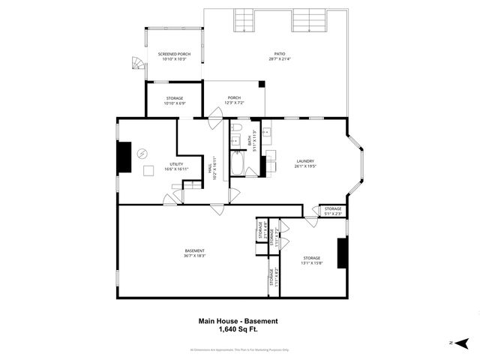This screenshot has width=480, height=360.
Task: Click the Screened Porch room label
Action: pos(174,57)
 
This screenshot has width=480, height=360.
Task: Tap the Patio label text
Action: pos(279,56)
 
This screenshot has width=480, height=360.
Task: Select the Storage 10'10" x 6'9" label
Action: pos(175,100)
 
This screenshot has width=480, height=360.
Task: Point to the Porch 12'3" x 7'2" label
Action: pos(235,100)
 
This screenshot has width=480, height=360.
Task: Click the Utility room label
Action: pos(175,166)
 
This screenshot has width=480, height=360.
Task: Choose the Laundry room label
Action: pos(304,163)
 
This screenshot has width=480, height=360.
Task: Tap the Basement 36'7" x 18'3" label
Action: pos(195,253)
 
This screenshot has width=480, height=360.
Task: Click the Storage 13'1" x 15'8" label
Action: pos(311,260)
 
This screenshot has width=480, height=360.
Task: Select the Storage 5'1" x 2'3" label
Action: pos(332,211)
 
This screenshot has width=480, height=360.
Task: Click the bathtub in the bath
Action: pos(237,163)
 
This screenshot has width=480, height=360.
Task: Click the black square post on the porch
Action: pos(261,85)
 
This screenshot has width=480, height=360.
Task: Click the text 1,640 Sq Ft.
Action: pos(238,329)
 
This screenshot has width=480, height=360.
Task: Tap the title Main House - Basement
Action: pos(238,321)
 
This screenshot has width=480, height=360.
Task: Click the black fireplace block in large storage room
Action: pos(342,253)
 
